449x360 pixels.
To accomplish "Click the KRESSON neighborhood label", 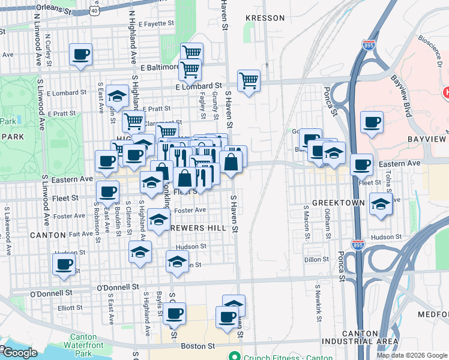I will coord(265,18).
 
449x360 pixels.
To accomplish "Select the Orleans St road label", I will coord(53,8).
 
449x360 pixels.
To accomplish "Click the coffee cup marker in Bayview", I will coord(372,123).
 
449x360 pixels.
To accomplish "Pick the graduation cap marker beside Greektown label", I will coord(381,204).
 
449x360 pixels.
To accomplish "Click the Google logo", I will coord(19,353).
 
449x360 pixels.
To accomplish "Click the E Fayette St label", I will coord(155,24).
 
